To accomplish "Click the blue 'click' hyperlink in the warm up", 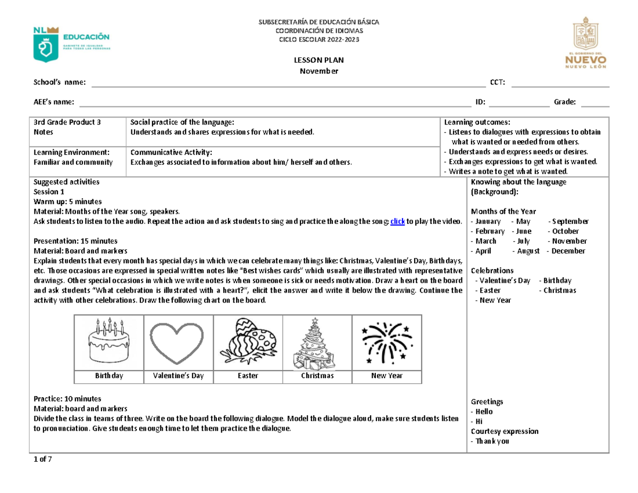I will click(397, 221).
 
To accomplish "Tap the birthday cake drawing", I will click(109, 341).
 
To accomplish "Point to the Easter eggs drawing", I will click(248, 342).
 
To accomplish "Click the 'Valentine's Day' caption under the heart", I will click(178, 376).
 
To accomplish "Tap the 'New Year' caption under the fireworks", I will click(387, 376).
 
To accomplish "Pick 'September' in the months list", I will click(570, 221).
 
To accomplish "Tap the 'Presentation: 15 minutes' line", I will click(72, 240).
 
